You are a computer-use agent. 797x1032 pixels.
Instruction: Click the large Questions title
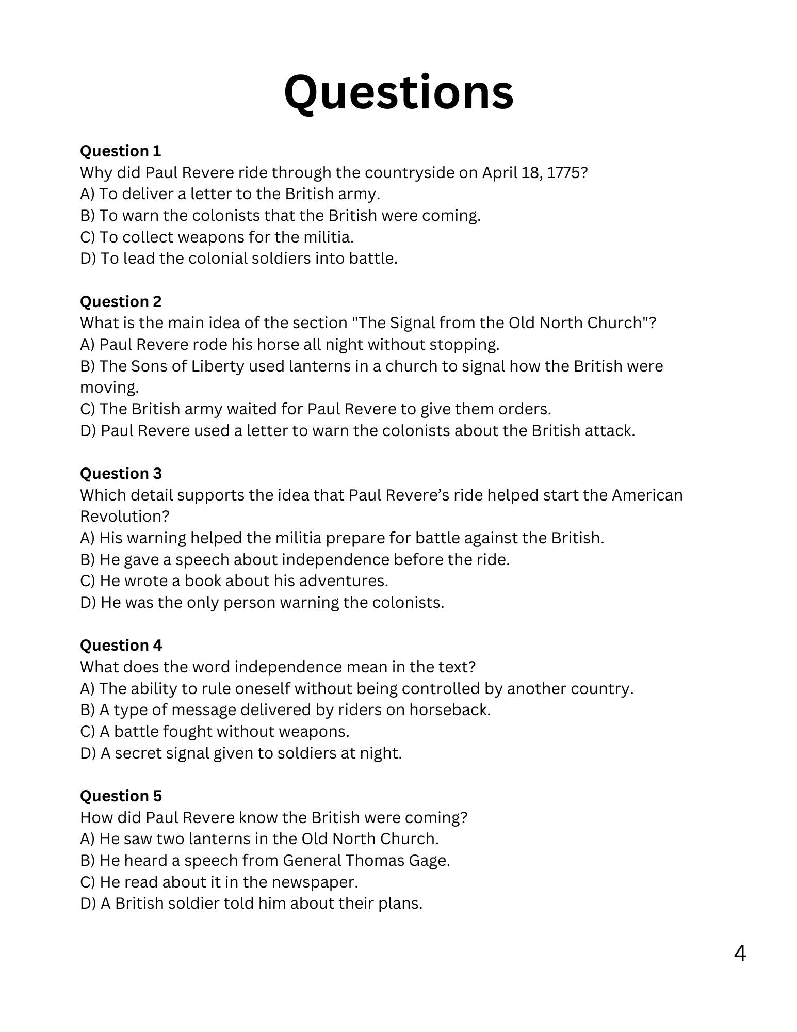coord(398,93)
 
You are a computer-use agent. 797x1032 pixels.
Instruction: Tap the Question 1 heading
coord(120,151)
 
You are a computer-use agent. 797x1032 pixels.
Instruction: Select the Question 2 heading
coord(120,302)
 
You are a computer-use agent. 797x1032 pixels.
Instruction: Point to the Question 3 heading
coord(120,474)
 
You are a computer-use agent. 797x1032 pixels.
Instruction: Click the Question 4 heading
coord(120,646)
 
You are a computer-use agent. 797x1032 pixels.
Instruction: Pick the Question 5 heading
coord(120,796)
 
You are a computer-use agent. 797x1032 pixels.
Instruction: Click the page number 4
coord(740,954)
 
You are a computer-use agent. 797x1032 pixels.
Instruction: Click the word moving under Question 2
coord(108,388)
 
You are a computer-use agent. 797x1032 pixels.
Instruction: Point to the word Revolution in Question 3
coord(124,517)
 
